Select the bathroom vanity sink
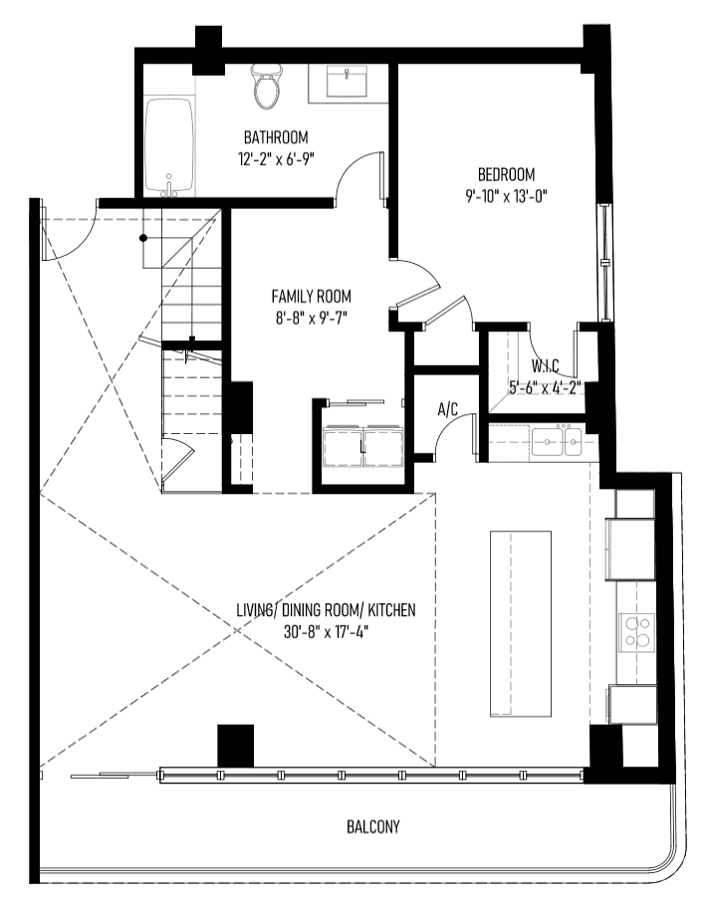click(x=347, y=82)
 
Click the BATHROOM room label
click(x=276, y=137)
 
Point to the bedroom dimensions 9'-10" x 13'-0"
click(x=506, y=196)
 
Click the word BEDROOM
click(x=506, y=174)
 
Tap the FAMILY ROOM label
click(x=311, y=297)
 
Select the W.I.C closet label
click(x=546, y=365)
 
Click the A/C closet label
click(x=448, y=409)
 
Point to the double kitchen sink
click(x=557, y=441)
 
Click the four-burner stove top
click(x=637, y=631)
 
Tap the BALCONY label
click(x=372, y=826)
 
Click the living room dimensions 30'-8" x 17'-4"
click(x=326, y=632)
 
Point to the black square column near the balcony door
click(x=236, y=746)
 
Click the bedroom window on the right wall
click(x=603, y=262)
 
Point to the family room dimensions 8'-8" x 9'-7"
click(x=311, y=319)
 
